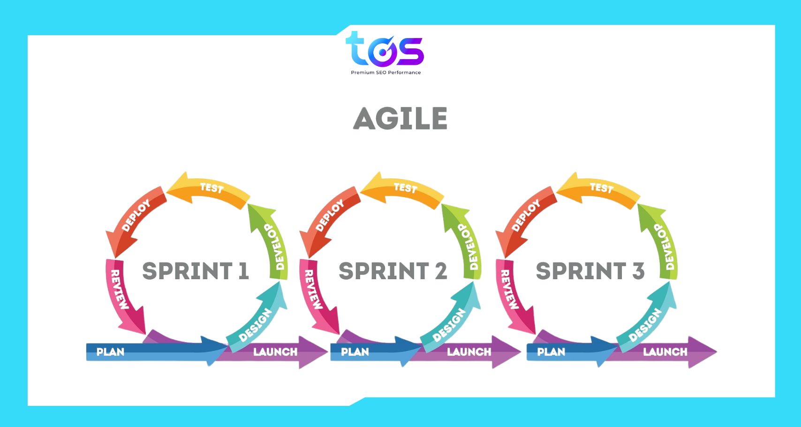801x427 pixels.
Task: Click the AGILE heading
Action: pos(400,118)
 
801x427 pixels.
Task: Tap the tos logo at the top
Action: pos(385,49)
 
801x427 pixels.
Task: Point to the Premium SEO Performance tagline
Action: pos(385,73)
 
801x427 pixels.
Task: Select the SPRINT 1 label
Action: pos(195,271)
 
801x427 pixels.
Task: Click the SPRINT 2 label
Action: pos(393,271)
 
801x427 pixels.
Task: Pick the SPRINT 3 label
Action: pos(590,271)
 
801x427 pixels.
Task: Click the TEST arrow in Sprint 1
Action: pos(211,189)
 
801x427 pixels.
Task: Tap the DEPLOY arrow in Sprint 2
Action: pos(330,216)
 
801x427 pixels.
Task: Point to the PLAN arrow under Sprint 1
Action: pos(141,352)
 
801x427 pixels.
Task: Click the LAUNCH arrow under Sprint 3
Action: pos(666,352)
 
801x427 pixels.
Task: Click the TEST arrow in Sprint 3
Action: pos(601,189)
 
